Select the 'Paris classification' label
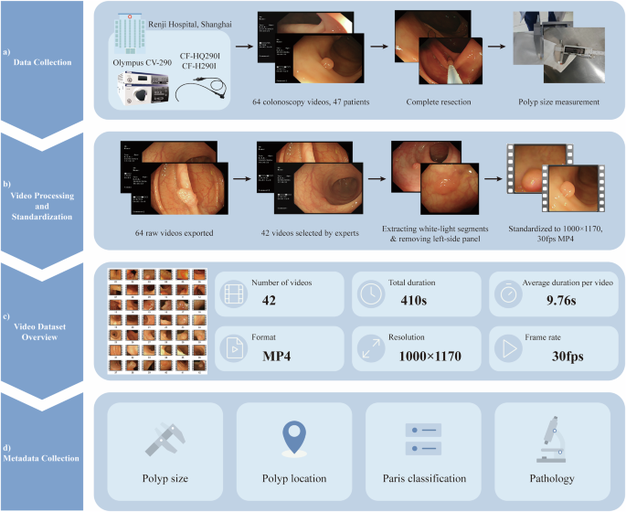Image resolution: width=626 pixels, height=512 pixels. click(x=423, y=478)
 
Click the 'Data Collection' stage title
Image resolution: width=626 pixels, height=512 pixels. click(x=47, y=62)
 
